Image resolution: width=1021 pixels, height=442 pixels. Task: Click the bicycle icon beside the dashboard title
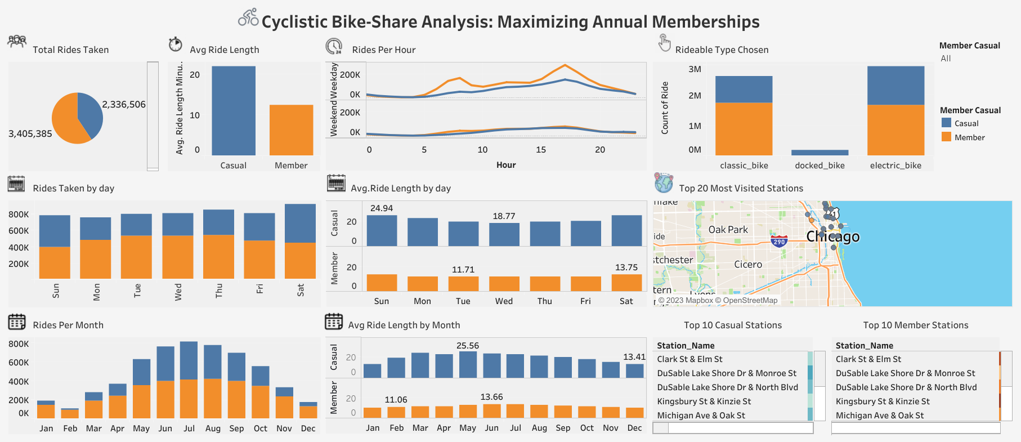click(248, 17)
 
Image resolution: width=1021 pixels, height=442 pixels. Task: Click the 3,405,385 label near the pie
click(30, 134)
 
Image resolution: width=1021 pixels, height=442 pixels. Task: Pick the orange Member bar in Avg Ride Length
click(291, 130)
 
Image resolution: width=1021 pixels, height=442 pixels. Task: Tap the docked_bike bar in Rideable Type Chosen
click(820, 153)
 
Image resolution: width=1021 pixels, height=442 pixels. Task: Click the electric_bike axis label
click(895, 166)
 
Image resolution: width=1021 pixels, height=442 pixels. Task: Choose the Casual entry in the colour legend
click(966, 123)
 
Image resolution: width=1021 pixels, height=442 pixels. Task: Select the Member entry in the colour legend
click(969, 137)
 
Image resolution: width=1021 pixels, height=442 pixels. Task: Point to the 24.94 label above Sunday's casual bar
click(382, 208)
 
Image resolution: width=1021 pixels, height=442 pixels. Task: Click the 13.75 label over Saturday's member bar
click(626, 267)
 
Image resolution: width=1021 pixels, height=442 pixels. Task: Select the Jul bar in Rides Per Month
click(189, 380)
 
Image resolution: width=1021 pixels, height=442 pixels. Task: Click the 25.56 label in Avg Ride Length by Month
click(468, 346)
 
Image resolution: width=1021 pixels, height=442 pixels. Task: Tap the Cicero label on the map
click(748, 265)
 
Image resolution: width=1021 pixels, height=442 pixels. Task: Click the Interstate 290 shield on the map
click(779, 242)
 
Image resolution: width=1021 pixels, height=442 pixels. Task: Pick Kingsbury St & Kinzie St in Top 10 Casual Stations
click(704, 401)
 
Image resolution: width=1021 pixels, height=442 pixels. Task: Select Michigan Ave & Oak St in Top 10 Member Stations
click(879, 416)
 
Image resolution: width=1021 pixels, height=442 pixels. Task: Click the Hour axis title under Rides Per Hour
click(506, 165)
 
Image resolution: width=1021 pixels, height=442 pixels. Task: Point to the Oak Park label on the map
click(728, 230)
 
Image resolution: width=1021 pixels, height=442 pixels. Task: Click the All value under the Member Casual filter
click(946, 59)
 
